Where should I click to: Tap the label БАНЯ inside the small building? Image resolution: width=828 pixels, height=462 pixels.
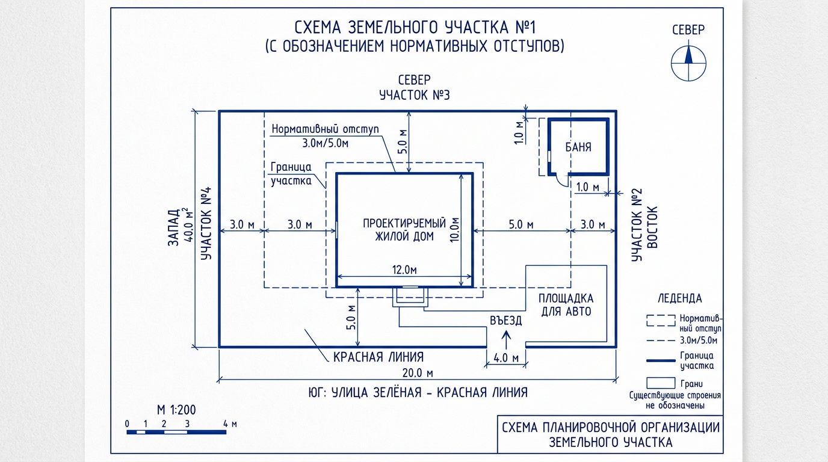(x=578, y=147)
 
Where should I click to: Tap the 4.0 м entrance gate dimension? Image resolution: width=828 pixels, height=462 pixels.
(x=506, y=357)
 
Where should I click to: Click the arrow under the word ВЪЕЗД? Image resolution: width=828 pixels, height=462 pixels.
(x=505, y=337)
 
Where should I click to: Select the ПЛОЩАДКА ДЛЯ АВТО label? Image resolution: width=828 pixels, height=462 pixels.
(x=565, y=305)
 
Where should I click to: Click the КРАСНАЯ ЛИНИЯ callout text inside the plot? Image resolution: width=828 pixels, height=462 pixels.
(x=378, y=357)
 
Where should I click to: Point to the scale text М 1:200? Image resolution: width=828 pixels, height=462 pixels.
(x=176, y=410)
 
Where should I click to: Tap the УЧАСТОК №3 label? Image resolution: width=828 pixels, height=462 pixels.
(x=415, y=95)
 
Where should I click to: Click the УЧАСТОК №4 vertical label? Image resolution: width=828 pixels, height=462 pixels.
(x=206, y=224)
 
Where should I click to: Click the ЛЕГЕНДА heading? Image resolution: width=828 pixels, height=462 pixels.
(x=679, y=298)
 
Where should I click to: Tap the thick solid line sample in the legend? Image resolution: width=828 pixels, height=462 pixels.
(x=660, y=360)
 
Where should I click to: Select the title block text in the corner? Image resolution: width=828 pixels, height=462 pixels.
(x=610, y=434)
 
